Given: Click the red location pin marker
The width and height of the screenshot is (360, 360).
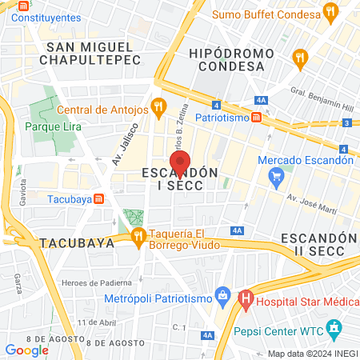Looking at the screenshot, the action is point(181,161).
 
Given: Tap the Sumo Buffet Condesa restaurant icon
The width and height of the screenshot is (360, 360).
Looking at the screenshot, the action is point(330,11).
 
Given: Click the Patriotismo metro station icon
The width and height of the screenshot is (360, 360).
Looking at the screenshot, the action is point(256,117).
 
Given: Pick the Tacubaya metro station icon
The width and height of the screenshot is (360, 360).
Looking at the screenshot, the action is point(98,199).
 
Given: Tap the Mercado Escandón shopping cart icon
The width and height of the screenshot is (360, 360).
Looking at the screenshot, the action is point(277,175).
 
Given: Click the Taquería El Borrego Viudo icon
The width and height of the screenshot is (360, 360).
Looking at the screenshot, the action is point(138,234).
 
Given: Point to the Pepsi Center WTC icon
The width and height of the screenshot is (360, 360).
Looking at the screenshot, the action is point(334,329).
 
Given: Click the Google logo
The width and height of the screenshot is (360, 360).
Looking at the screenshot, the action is point(26,350).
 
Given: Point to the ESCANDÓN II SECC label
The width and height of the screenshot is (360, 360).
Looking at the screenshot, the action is point(318,247).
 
